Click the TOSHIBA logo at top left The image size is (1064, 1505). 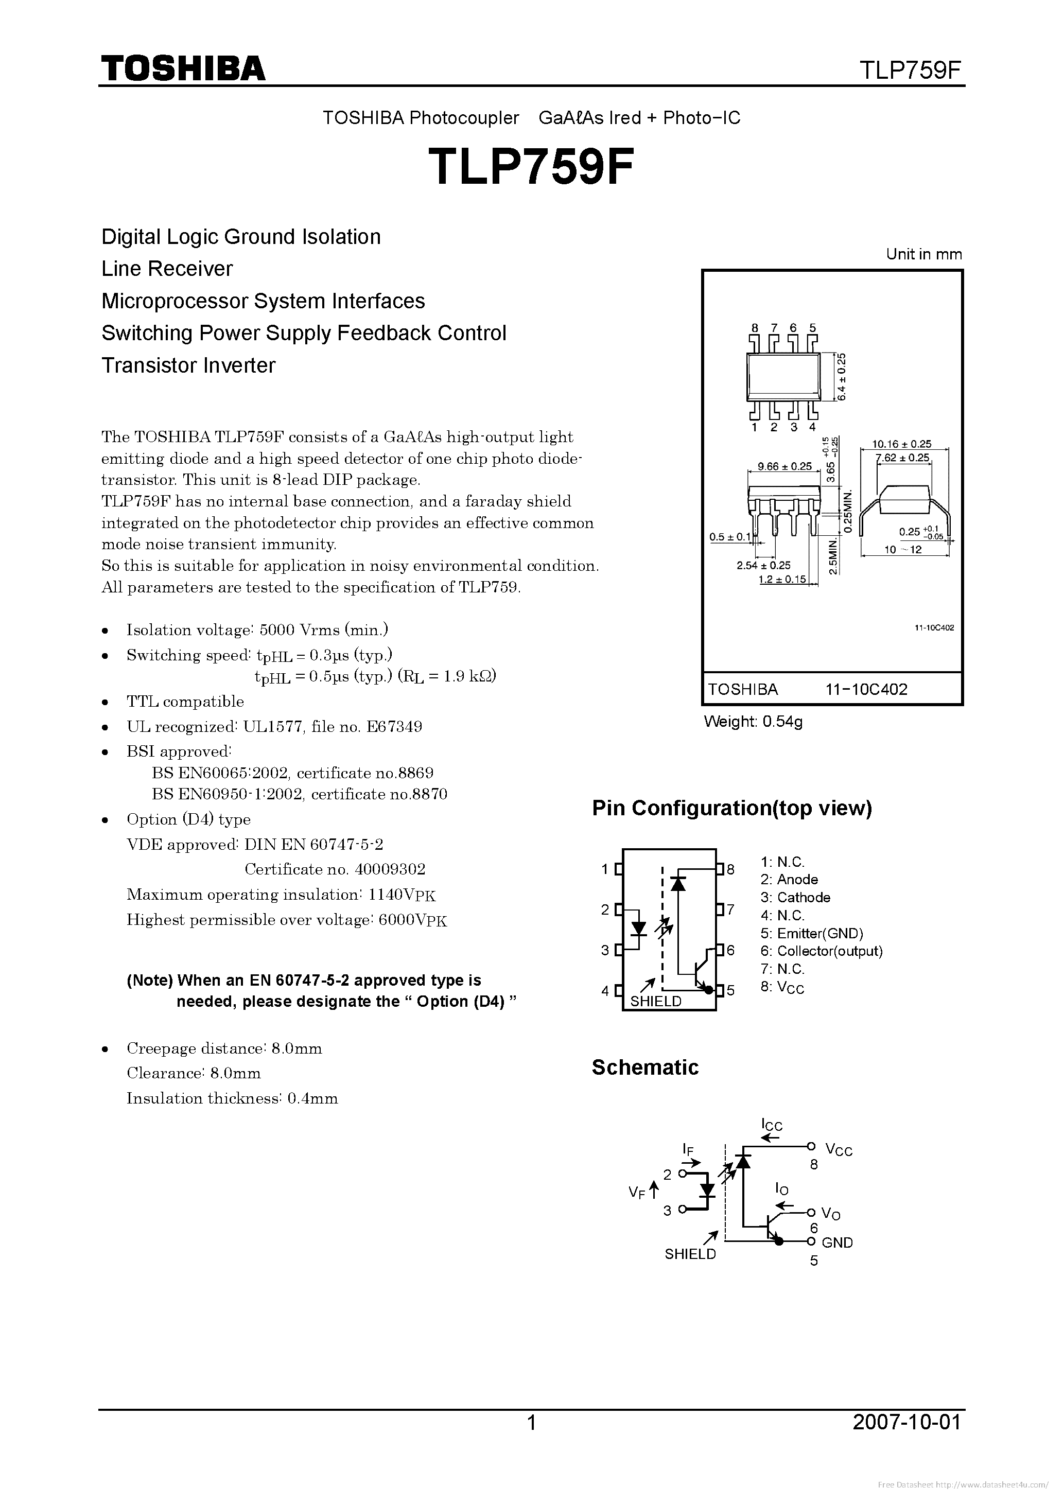point(183,68)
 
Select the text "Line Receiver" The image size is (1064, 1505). point(167,269)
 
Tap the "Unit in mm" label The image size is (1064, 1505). point(923,254)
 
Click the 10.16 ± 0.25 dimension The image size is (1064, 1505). point(901,444)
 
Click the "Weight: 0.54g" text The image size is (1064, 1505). point(753,722)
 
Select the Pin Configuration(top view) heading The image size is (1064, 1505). point(731,808)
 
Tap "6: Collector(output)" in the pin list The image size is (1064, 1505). point(822,951)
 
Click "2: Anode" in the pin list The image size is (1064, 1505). point(789,880)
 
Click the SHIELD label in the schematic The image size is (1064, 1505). point(690,1254)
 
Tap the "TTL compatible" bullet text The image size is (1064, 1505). point(185,702)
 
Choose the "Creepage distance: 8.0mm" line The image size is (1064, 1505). point(224,1048)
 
